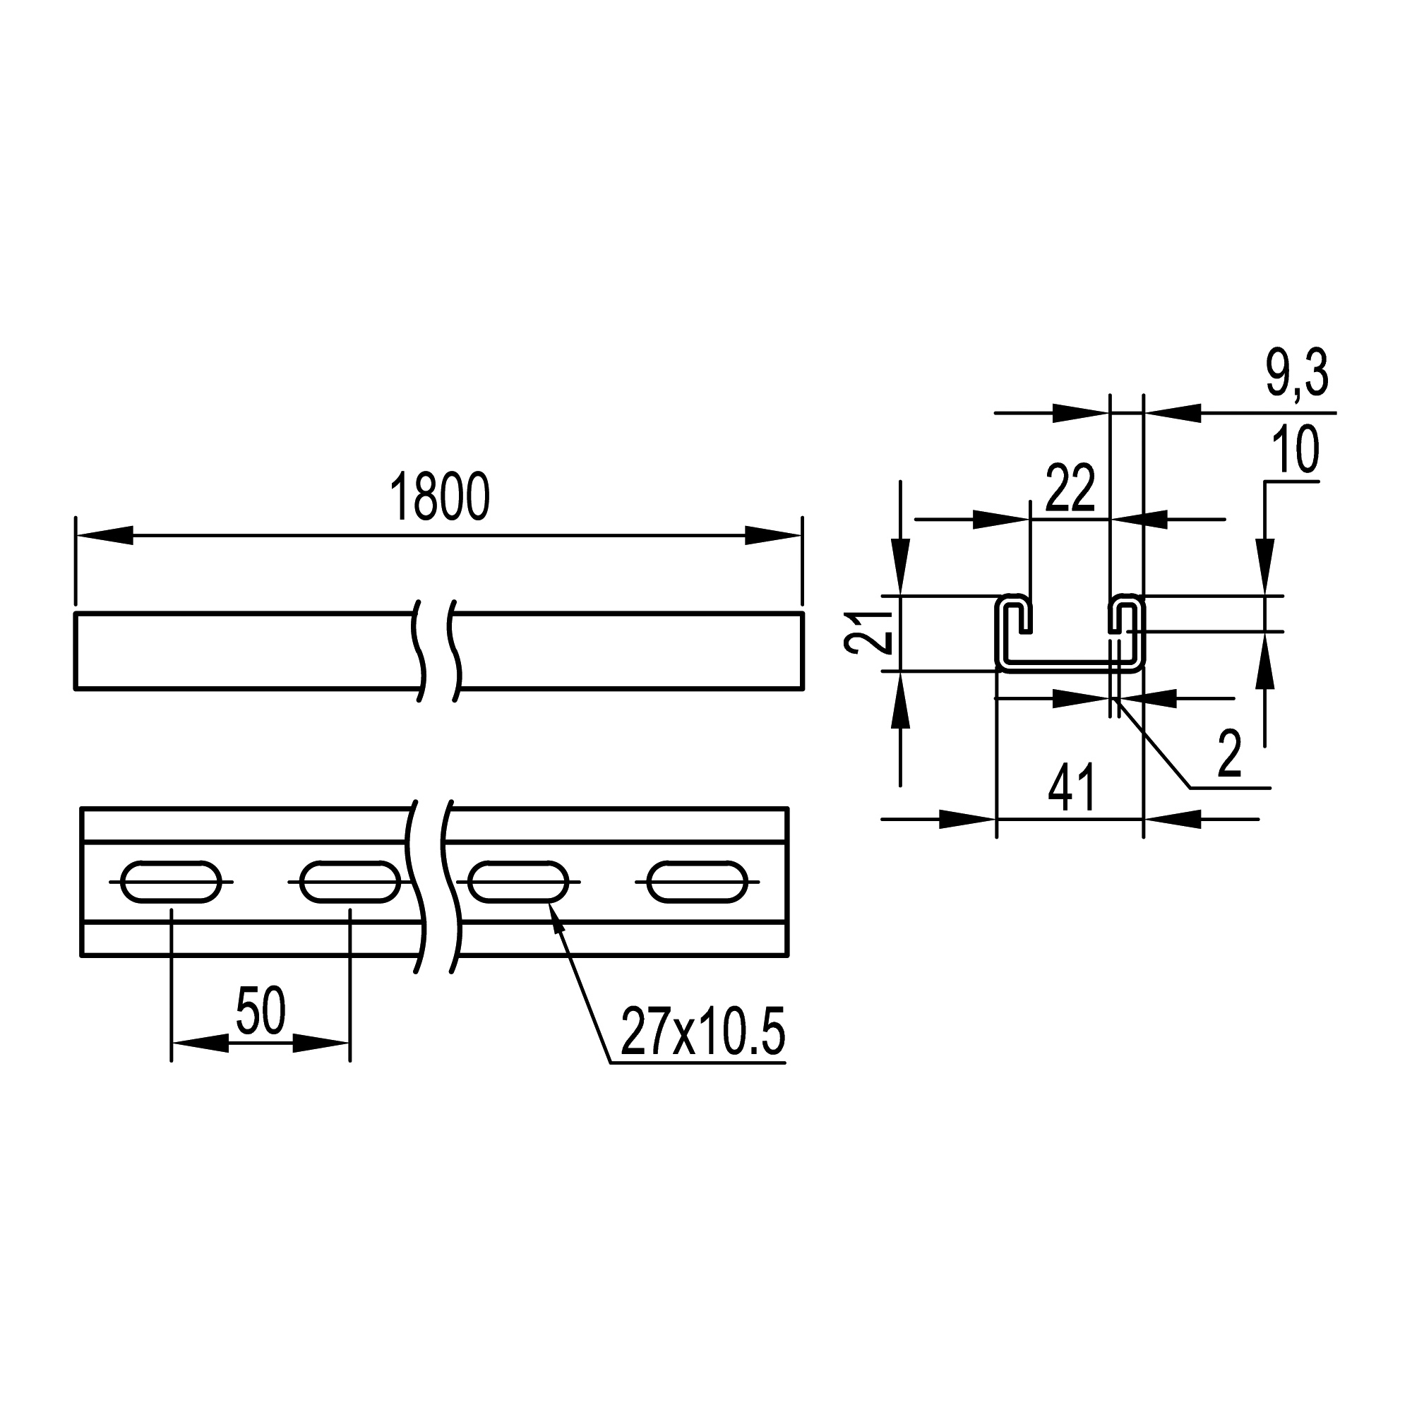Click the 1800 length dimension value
coord(439,498)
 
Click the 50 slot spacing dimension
coord(261,1011)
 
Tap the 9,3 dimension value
coord(1297,374)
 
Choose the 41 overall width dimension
coord(1072,789)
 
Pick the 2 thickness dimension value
coord(1230,755)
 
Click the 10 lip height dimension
coord(1296,450)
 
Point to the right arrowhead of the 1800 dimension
coord(773,536)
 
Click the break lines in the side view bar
coord(438,650)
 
